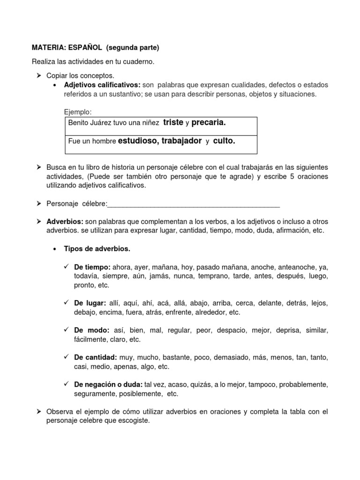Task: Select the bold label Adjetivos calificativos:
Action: pos(102,85)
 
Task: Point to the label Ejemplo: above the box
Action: pos(78,112)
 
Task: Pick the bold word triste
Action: pos(173,122)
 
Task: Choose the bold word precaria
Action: pos(209,122)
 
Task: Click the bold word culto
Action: pos(224,141)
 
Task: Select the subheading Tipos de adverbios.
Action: pos(97,248)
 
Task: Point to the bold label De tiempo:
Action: pos(92,267)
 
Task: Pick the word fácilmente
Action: pos(91,339)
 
